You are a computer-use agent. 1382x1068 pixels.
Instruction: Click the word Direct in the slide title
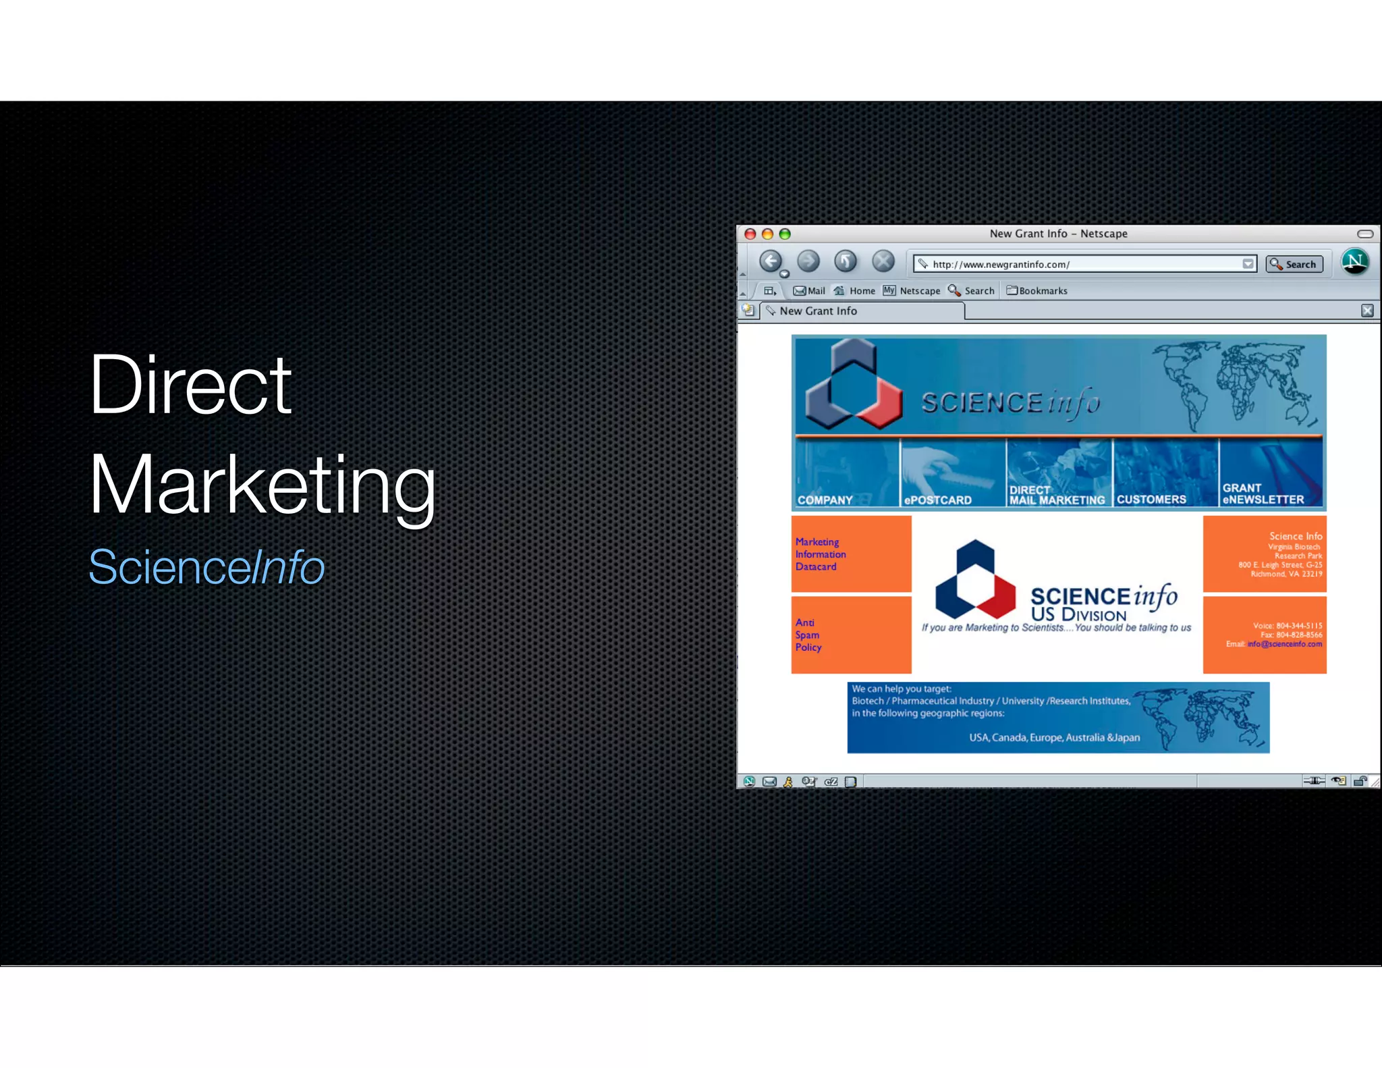190,386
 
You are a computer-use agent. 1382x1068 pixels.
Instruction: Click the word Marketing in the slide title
262,485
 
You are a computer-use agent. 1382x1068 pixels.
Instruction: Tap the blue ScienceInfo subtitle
206,567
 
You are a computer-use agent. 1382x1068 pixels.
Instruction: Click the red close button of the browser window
750,234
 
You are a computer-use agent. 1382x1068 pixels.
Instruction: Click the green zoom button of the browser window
785,234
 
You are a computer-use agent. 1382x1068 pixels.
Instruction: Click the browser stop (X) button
883,261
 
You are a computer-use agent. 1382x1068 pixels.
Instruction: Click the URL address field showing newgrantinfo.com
1080,264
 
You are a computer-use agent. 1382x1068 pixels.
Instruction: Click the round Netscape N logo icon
1354,261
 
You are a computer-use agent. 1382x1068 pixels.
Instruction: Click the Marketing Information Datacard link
820,554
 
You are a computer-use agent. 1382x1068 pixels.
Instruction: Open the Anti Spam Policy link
808,635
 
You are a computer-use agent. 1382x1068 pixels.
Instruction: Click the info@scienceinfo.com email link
1284,644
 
